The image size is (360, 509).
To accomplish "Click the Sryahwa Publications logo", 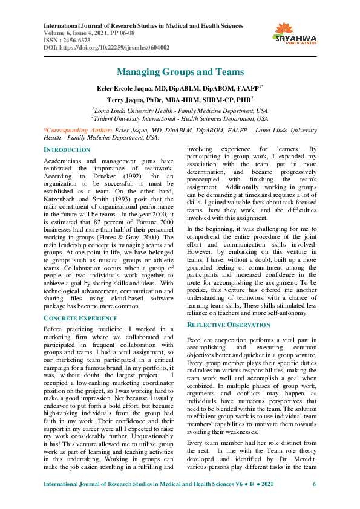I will tap(295, 34).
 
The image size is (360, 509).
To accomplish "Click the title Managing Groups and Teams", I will tap(180, 72).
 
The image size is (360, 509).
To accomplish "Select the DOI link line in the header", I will tap(107, 47).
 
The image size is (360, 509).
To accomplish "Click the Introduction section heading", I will tap(67, 149).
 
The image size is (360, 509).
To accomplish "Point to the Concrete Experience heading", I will tap(81, 317).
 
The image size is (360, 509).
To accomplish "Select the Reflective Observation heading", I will tap(229, 325).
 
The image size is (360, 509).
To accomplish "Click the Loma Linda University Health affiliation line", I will tap(180, 111).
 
